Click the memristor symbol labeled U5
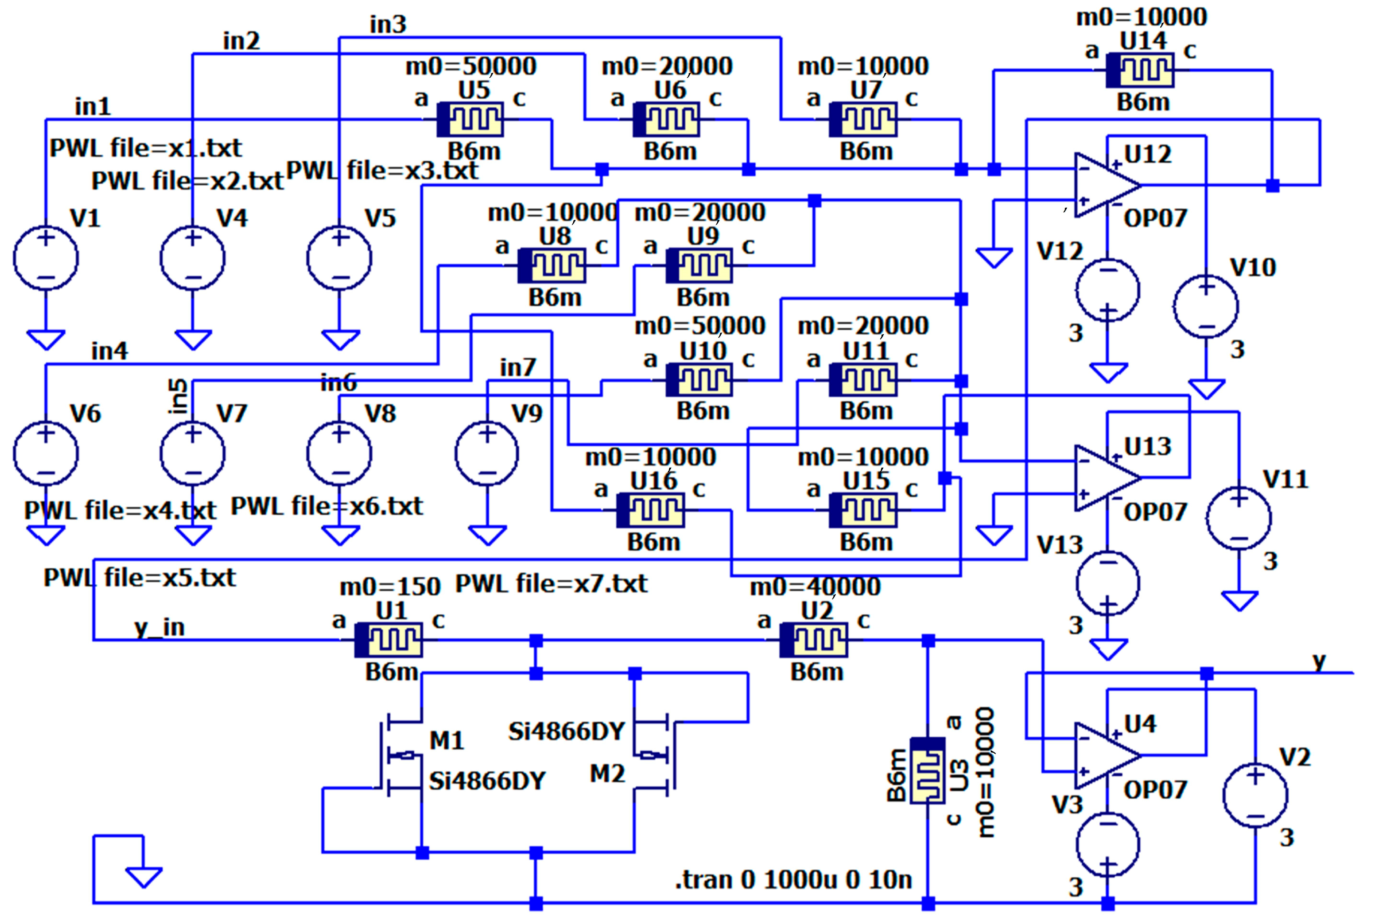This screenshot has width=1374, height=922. tap(471, 120)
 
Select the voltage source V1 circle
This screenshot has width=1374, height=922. tap(46, 258)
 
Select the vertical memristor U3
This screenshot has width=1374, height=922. tap(928, 771)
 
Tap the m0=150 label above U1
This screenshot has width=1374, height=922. tap(390, 586)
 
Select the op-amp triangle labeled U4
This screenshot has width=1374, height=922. tap(1104, 755)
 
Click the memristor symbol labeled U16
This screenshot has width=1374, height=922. tap(650, 510)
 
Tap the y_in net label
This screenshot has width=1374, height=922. tap(159, 628)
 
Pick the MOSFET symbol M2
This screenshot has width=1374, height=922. tap(653, 755)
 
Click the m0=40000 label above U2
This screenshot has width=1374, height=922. tap(815, 586)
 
